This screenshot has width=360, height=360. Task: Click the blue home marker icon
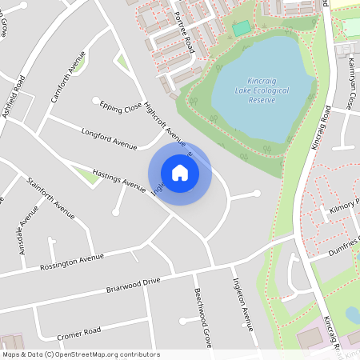[180, 173]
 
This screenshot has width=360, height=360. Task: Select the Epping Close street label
[121, 107]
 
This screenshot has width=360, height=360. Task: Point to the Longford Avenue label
[110, 137]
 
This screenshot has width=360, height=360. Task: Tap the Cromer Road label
[78, 331]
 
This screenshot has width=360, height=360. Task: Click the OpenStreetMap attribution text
[81, 354]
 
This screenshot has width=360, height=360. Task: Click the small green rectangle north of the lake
[242, 29]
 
